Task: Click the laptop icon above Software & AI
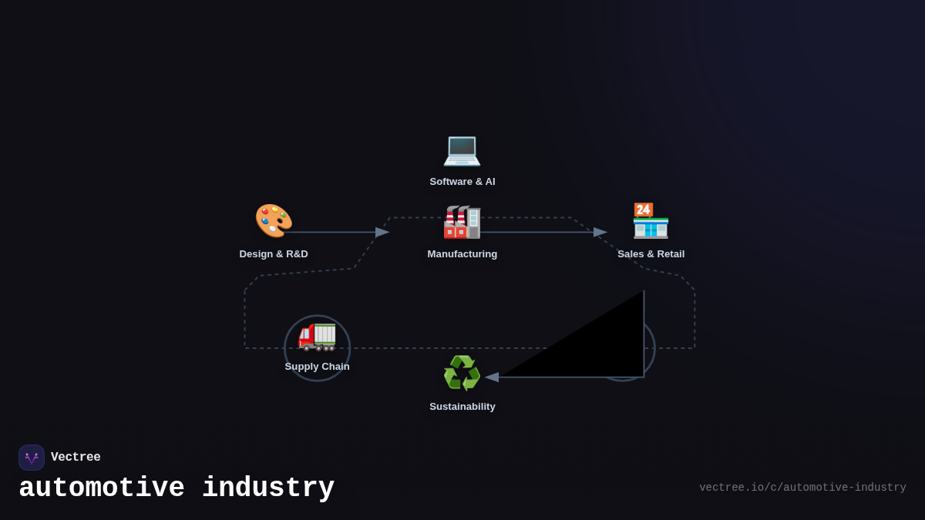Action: tap(462, 149)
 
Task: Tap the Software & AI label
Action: tap(462, 182)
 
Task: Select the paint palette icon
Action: tap(273, 220)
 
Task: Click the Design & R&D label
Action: tap(274, 254)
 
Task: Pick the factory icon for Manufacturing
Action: tap(462, 222)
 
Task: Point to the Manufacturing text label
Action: tap(462, 254)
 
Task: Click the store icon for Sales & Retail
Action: tap(651, 221)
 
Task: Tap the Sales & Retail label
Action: tap(651, 254)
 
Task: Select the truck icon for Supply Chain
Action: tap(317, 335)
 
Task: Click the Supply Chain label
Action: tap(317, 367)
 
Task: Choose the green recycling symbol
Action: tap(462, 374)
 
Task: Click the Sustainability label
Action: tap(462, 407)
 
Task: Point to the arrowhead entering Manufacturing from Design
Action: tap(382, 232)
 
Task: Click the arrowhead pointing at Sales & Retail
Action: tap(600, 232)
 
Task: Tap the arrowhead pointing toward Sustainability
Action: tap(492, 377)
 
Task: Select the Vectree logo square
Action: tap(32, 458)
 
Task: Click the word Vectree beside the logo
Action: tap(76, 458)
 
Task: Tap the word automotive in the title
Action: tap(102, 488)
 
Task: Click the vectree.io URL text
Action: tap(802, 488)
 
